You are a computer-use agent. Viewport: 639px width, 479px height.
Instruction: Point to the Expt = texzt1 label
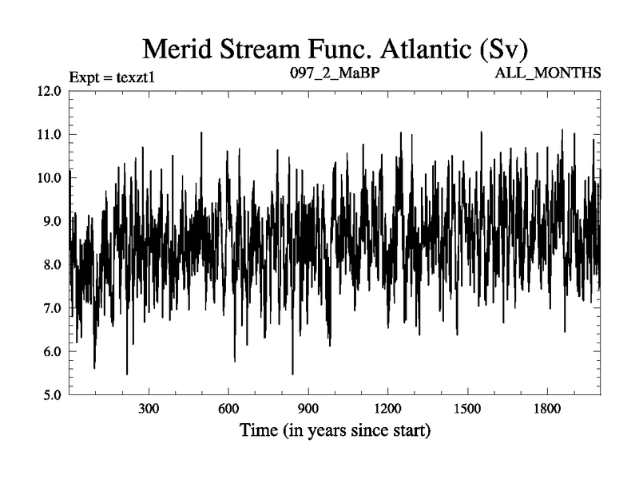(x=109, y=74)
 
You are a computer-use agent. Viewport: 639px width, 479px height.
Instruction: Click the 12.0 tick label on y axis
(x=49, y=91)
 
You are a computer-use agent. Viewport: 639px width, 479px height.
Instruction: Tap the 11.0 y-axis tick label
(x=49, y=134)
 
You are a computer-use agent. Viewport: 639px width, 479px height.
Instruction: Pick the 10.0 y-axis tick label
(x=49, y=178)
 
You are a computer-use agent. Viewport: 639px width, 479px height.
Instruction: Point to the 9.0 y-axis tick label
(x=51, y=221)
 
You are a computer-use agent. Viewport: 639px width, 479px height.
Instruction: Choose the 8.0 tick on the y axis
(x=51, y=265)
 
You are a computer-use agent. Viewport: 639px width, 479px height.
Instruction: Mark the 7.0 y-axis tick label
(x=51, y=308)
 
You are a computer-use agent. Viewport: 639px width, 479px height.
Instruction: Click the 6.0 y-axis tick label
(x=51, y=352)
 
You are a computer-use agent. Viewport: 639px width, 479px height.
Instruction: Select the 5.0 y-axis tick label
(x=51, y=395)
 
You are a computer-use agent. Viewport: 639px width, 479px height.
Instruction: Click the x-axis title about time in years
(x=335, y=432)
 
